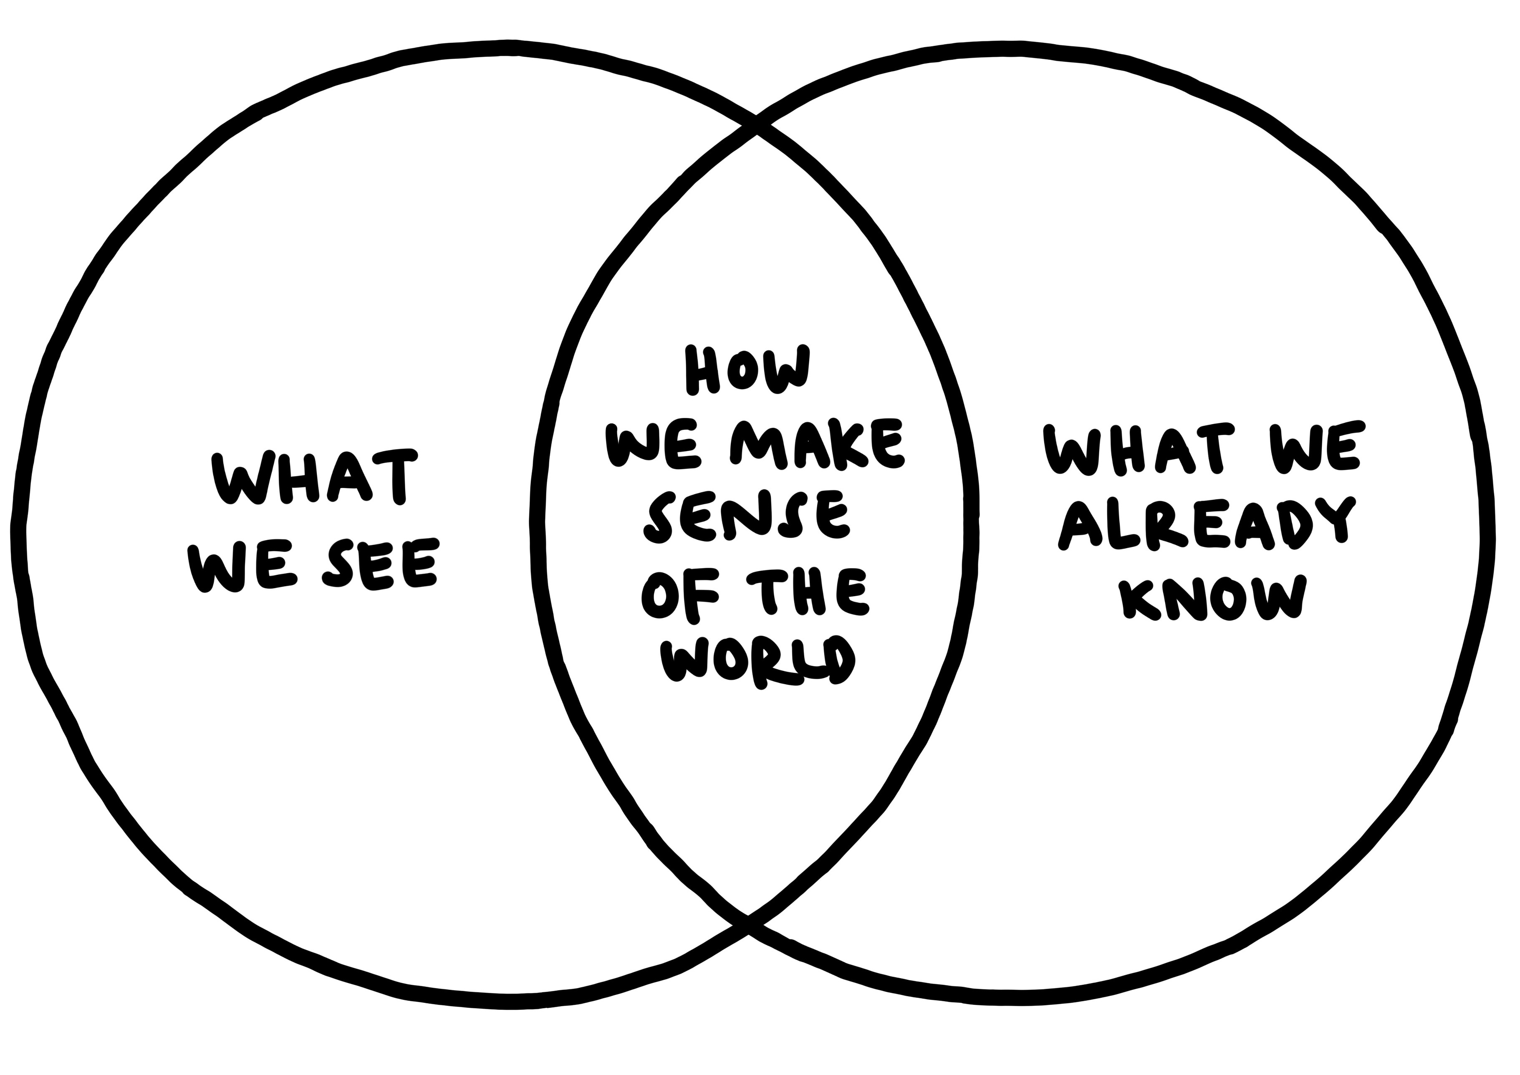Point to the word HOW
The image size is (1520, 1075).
(x=747, y=370)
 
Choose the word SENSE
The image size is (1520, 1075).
(x=748, y=518)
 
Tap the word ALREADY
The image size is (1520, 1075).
(x=1205, y=523)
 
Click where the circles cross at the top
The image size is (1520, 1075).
(x=756, y=125)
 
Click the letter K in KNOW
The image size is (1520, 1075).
(x=1139, y=600)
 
